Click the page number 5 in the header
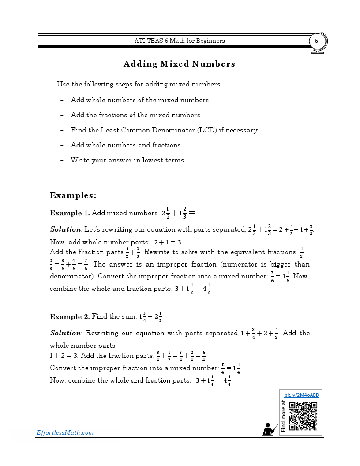316,41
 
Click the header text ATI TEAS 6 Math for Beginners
180,41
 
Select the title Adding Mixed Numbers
179,64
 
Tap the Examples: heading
73,195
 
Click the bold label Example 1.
70,213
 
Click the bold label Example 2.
70,316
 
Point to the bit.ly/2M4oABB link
301,395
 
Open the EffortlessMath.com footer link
65,432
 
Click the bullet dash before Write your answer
62,160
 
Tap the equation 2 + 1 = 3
168,242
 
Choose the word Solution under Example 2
65,333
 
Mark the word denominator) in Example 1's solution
71,277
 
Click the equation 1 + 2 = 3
64,356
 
